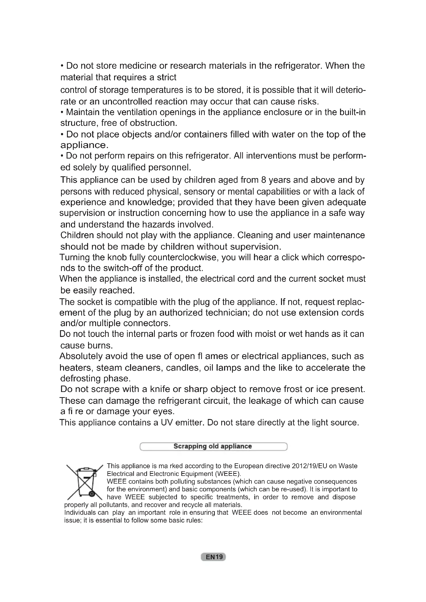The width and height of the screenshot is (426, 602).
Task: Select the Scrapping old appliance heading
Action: (213, 446)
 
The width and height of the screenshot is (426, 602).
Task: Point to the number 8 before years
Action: (263, 180)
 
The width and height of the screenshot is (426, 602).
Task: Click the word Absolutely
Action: (81, 356)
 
